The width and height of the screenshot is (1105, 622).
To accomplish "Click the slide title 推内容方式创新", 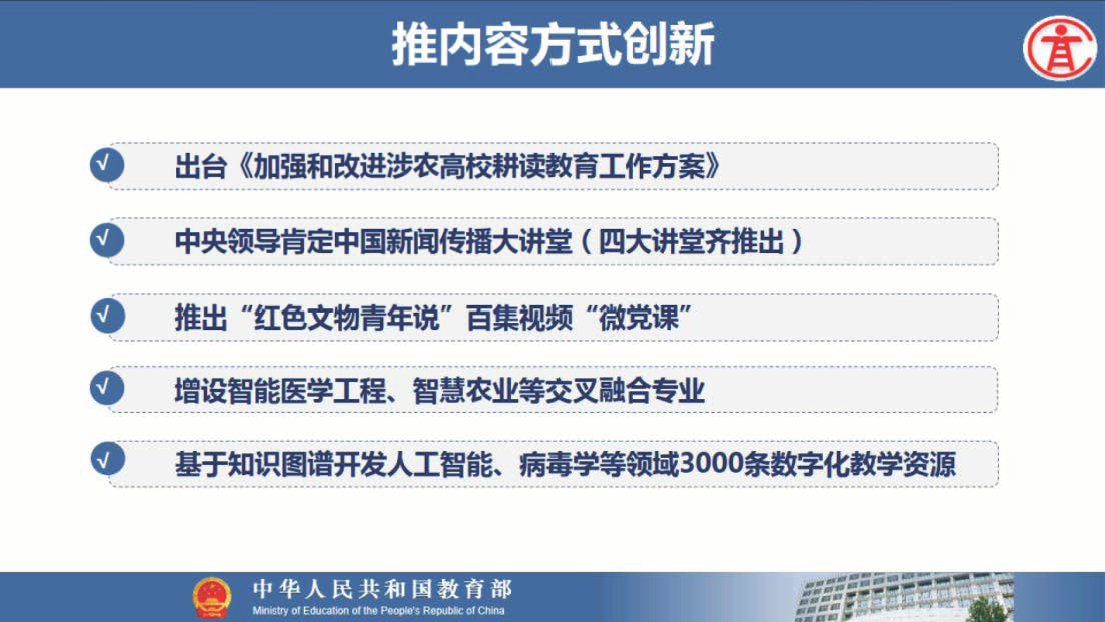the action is pos(553,44).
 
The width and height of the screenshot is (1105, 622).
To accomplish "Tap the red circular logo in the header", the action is pos(1060,48).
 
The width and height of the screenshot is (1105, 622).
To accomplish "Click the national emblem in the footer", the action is pos(212,597).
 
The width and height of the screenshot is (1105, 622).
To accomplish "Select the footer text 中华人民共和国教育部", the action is pos(382,589).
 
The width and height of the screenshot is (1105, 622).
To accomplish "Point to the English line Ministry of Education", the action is pos(378,611).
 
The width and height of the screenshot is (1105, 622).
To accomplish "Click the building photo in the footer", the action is pos(905,597).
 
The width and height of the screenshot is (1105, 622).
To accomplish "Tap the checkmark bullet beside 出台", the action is pos(107,164).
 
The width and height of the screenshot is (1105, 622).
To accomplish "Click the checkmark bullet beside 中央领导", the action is pos(107,240).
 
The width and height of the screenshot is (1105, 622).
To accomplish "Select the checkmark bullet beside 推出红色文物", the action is pos(107,315).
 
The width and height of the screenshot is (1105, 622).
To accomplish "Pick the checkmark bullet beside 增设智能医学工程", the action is pos(107,387).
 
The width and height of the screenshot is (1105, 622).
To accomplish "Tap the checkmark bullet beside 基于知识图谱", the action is pos(107,460).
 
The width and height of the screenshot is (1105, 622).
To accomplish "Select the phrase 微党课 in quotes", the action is pos(638,318).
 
